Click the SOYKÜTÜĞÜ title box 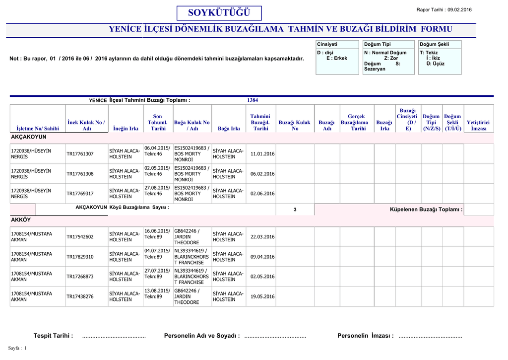(219, 12)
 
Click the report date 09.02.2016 (459, 10)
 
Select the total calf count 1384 (253, 100)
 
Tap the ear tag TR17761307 (80, 154)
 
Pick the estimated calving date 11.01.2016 (262, 154)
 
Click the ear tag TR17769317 (80, 194)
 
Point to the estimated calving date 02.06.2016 (262, 194)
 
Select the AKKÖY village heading (21, 219)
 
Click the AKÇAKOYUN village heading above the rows (28, 137)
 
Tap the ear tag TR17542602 (80, 237)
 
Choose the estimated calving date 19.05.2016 (262, 296)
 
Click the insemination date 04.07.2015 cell (157, 254)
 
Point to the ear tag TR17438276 (80, 296)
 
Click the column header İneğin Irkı (126, 129)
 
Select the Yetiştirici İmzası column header (478, 125)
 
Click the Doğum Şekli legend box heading (434, 44)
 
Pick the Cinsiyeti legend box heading (327, 44)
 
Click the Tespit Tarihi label (53, 336)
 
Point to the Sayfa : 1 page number (17, 348)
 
